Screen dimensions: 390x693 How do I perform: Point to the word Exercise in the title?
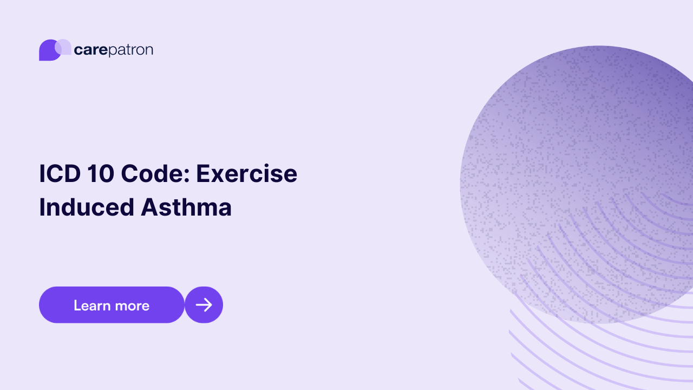tap(246, 174)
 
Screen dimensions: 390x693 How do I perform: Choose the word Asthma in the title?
tap(186, 207)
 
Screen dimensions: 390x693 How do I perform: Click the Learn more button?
tap(112, 305)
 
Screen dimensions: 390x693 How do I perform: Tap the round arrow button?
tap(204, 305)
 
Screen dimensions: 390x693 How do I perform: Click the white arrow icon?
tap(204, 305)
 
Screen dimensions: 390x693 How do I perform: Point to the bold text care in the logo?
tap(90, 50)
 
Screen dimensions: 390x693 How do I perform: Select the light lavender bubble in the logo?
tap(64, 47)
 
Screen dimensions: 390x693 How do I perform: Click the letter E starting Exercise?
tap(202, 174)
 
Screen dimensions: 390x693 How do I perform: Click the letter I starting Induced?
tap(42, 207)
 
